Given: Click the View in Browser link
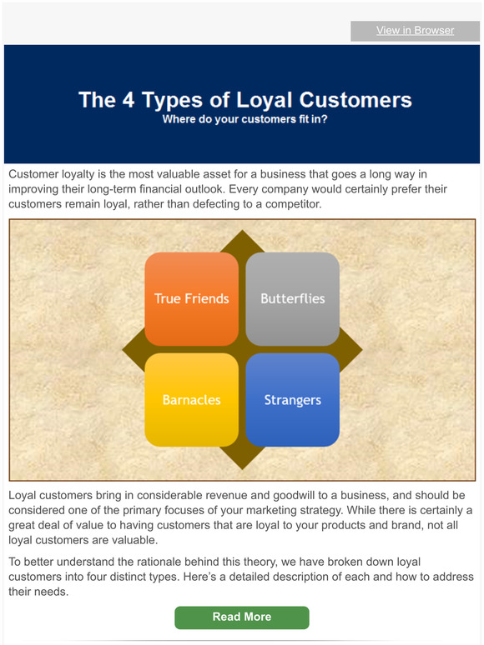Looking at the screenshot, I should click(415, 31).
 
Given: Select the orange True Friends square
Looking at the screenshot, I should click(191, 298).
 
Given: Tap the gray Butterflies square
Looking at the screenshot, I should click(292, 298).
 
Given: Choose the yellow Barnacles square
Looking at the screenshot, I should click(191, 400).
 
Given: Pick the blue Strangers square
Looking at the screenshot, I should click(292, 400).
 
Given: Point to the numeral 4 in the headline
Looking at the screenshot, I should click(111, 100).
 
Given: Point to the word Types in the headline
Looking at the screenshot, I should click(156, 100).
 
